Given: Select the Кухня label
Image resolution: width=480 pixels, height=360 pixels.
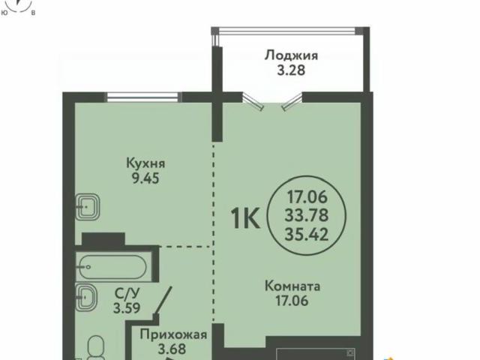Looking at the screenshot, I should pyautogui.click(x=145, y=163).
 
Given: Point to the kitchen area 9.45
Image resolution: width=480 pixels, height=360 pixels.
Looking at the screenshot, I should pyautogui.click(x=145, y=178).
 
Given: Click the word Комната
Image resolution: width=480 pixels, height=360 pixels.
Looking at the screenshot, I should pyautogui.click(x=292, y=286).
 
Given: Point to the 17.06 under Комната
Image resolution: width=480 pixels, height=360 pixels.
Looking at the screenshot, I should pyautogui.click(x=292, y=301).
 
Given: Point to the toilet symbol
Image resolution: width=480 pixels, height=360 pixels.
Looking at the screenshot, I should pyautogui.click(x=94, y=346).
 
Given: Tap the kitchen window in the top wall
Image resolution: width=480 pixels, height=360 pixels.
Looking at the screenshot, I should pyautogui.click(x=143, y=95).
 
